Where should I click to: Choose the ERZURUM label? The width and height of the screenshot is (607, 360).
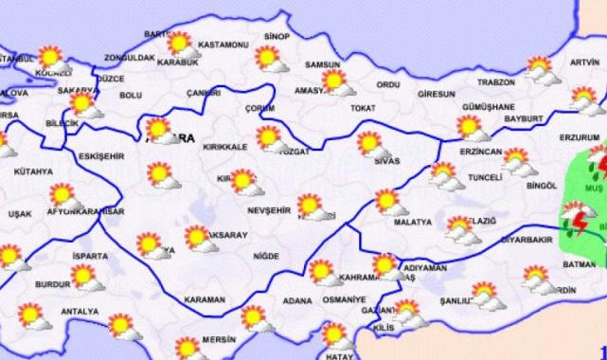point(579,135)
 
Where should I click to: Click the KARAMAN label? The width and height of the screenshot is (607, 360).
point(204,298)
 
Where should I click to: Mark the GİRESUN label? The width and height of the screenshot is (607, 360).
point(437,95)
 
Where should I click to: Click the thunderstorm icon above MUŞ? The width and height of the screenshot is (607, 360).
point(598,162)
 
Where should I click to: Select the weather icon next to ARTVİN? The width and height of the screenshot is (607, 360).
point(540,68)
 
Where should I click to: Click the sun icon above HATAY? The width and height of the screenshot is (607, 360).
point(334,335)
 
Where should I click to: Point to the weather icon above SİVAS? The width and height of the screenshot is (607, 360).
point(371,145)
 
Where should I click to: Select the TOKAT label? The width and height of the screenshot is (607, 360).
point(364,108)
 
